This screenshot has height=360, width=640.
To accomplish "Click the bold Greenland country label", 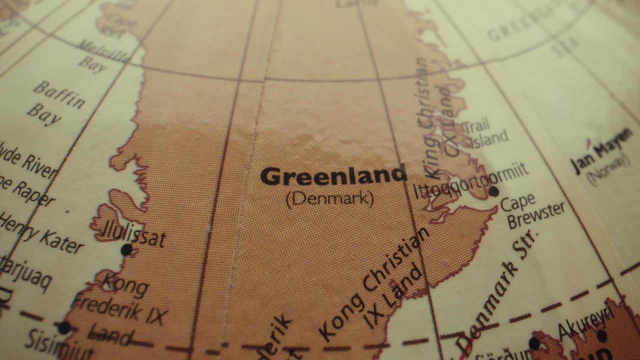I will pyautogui.click(x=333, y=176).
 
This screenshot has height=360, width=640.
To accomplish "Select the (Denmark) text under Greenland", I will pyautogui.click(x=330, y=199).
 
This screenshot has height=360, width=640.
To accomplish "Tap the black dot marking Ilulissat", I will pyautogui.click(x=126, y=249).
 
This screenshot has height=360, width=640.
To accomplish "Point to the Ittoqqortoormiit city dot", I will pyautogui.click(x=493, y=191).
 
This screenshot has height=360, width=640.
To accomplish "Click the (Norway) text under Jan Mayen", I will pyautogui.click(x=607, y=168).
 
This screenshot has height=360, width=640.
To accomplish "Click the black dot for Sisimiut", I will pyautogui.click(x=64, y=328).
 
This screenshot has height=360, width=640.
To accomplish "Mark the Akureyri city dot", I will pyautogui.click(x=601, y=336).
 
